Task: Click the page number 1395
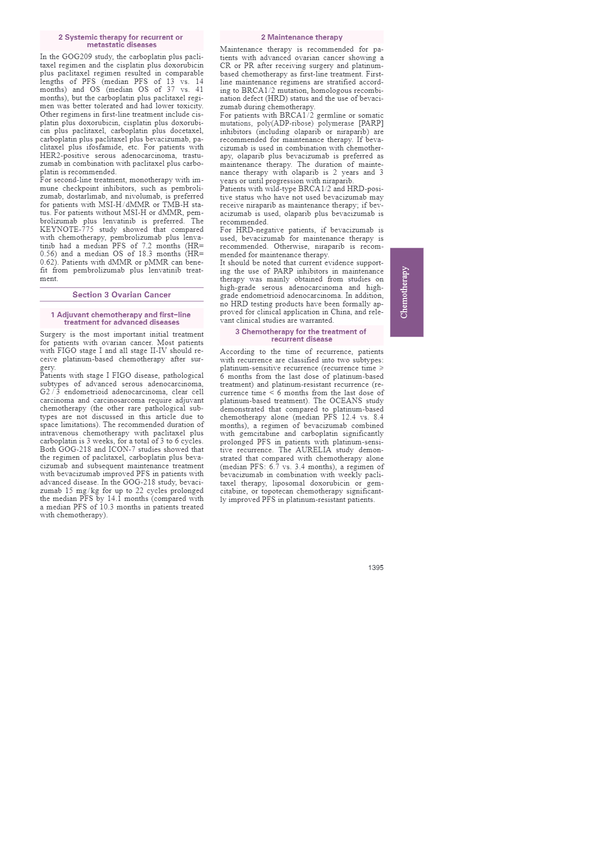pos(376,567)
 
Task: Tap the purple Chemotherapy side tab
pos(406,292)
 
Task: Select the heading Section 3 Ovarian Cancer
pos(122,295)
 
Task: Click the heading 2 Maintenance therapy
pos(302,37)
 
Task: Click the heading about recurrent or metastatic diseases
pos(122,41)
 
